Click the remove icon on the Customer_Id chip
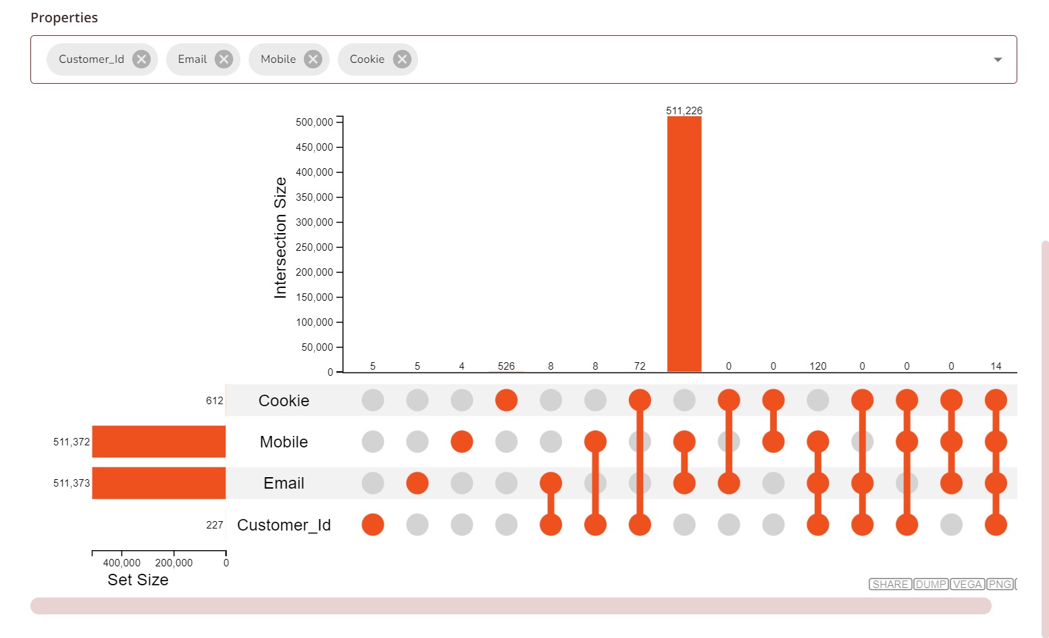pyautogui.click(x=141, y=59)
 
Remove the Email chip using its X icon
pyautogui.click(x=224, y=59)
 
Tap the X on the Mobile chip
pyautogui.click(x=313, y=59)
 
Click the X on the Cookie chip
pyautogui.click(x=402, y=59)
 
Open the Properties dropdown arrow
pyautogui.click(x=998, y=59)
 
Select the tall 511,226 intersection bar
pyautogui.click(x=684, y=243)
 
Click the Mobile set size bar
pyautogui.click(x=159, y=442)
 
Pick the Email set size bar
pyautogui.click(x=159, y=483)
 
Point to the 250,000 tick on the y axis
pyautogui.click(x=315, y=247)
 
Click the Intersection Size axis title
pyautogui.click(x=280, y=238)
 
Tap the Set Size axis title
pyautogui.click(x=138, y=580)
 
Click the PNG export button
pyautogui.click(x=1000, y=585)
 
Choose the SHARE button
pyautogui.click(x=890, y=585)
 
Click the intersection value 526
pyautogui.click(x=506, y=366)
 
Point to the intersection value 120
pyautogui.click(x=818, y=366)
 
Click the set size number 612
pyautogui.click(x=215, y=401)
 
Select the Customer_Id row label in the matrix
pyautogui.click(x=284, y=525)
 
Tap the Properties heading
pyautogui.click(x=64, y=18)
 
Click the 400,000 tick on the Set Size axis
pyautogui.click(x=122, y=563)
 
